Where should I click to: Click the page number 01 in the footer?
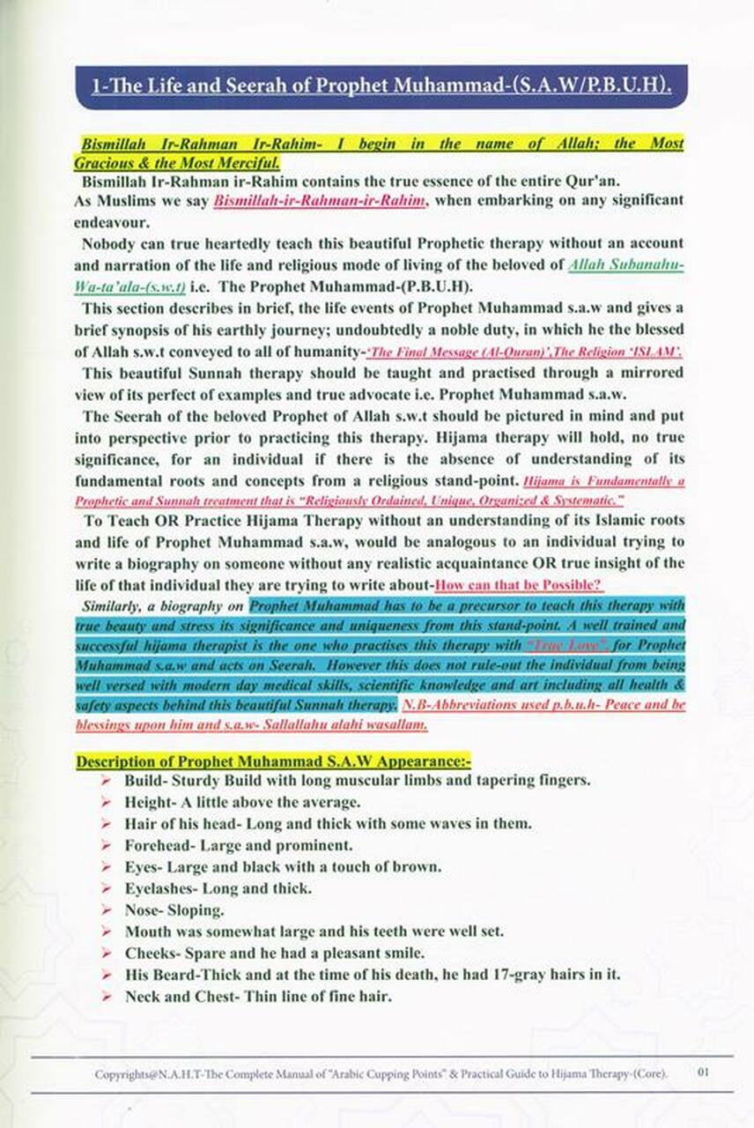point(703,1072)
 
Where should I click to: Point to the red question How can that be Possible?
point(520,585)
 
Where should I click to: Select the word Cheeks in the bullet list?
point(151,953)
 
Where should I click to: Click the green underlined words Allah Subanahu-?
point(627,264)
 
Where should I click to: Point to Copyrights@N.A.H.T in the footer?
point(144,1073)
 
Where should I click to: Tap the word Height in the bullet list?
point(147,802)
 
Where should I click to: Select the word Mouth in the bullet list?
point(148,931)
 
